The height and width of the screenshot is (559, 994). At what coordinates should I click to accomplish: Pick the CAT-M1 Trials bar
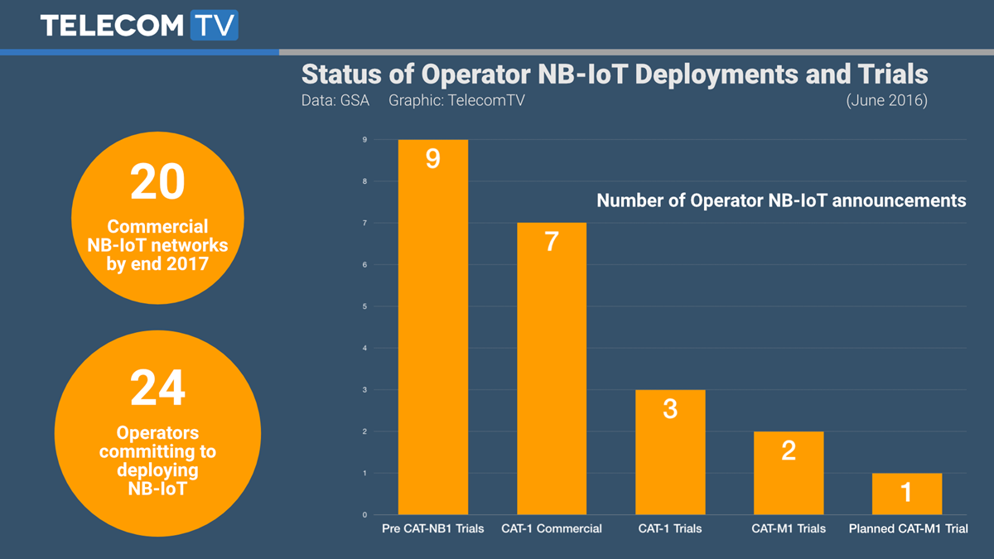tap(789, 480)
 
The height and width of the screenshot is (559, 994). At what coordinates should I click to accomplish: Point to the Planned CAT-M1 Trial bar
tap(906, 494)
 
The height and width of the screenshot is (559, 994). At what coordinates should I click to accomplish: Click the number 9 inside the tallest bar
tap(432, 158)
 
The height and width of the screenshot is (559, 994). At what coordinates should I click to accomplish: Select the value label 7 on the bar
tap(552, 242)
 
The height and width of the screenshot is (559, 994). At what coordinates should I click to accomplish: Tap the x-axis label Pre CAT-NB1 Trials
tap(432, 528)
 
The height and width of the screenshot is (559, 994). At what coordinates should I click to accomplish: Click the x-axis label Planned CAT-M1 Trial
tap(908, 528)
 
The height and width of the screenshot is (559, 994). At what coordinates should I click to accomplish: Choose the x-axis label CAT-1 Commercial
tap(552, 528)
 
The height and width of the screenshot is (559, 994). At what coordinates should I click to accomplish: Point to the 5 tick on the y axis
tap(364, 306)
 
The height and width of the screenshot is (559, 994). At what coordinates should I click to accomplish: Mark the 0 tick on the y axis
tap(364, 515)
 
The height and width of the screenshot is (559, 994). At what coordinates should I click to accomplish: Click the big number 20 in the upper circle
tap(157, 182)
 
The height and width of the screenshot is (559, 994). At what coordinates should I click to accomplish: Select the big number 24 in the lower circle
tap(157, 388)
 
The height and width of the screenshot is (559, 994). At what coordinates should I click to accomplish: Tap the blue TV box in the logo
tap(214, 25)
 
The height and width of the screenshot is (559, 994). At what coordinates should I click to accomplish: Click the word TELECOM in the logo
tap(111, 25)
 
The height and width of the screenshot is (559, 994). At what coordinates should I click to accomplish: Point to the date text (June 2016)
tap(886, 101)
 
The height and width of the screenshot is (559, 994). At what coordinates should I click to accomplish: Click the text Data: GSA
tap(335, 101)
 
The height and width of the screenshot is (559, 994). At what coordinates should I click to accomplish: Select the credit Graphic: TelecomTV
tap(456, 101)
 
